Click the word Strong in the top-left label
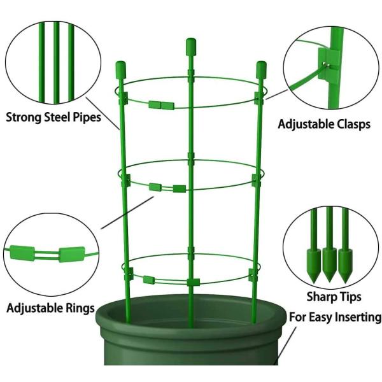(24, 117)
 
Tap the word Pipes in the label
(87, 117)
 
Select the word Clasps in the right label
(352, 124)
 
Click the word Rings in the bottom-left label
(79, 309)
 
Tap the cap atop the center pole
(190, 46)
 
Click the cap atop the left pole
(120, 69)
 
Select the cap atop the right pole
(261, 69)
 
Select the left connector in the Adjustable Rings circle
(22, 253)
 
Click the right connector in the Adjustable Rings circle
(71, 255)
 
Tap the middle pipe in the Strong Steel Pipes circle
(56, 62)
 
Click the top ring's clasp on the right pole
(259, 97)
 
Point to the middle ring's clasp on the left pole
(125, 180)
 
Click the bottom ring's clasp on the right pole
(253, 274)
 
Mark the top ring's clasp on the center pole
(190, 76)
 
